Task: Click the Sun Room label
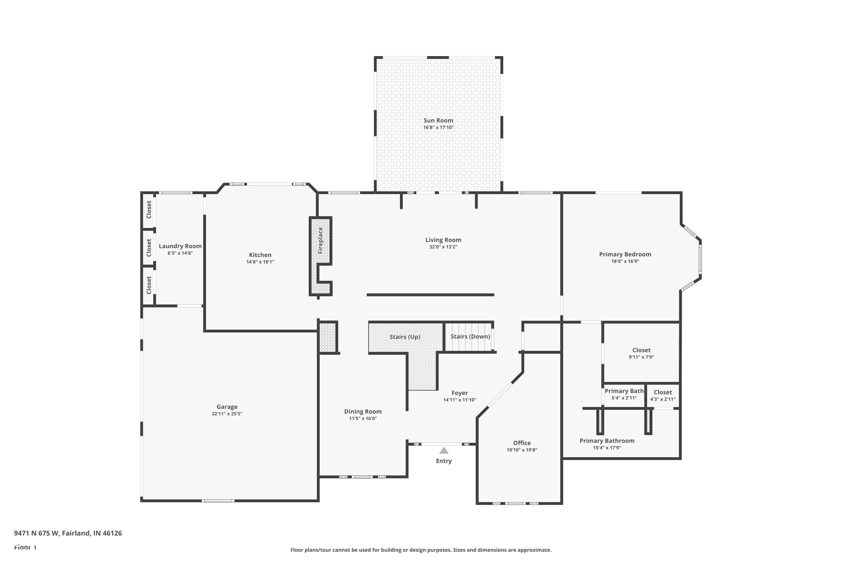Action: coord(438,121)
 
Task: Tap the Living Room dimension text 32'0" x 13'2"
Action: coord(443,247)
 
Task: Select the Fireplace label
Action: coord(321,240)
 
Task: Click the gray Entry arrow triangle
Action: coord(443,450)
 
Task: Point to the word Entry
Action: coord(443,461)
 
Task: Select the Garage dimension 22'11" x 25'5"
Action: coord(227,413)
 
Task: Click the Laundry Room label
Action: coord(180,246)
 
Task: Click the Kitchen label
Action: coord(260,255)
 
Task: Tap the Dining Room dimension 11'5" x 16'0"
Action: coord(363,418)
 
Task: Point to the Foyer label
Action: coord(460,393)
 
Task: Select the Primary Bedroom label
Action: coord(625,254)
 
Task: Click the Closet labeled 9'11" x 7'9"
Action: coord(641,350)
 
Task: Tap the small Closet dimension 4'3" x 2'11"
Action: coord(663,399)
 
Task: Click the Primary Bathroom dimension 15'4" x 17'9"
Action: coord(607,448)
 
